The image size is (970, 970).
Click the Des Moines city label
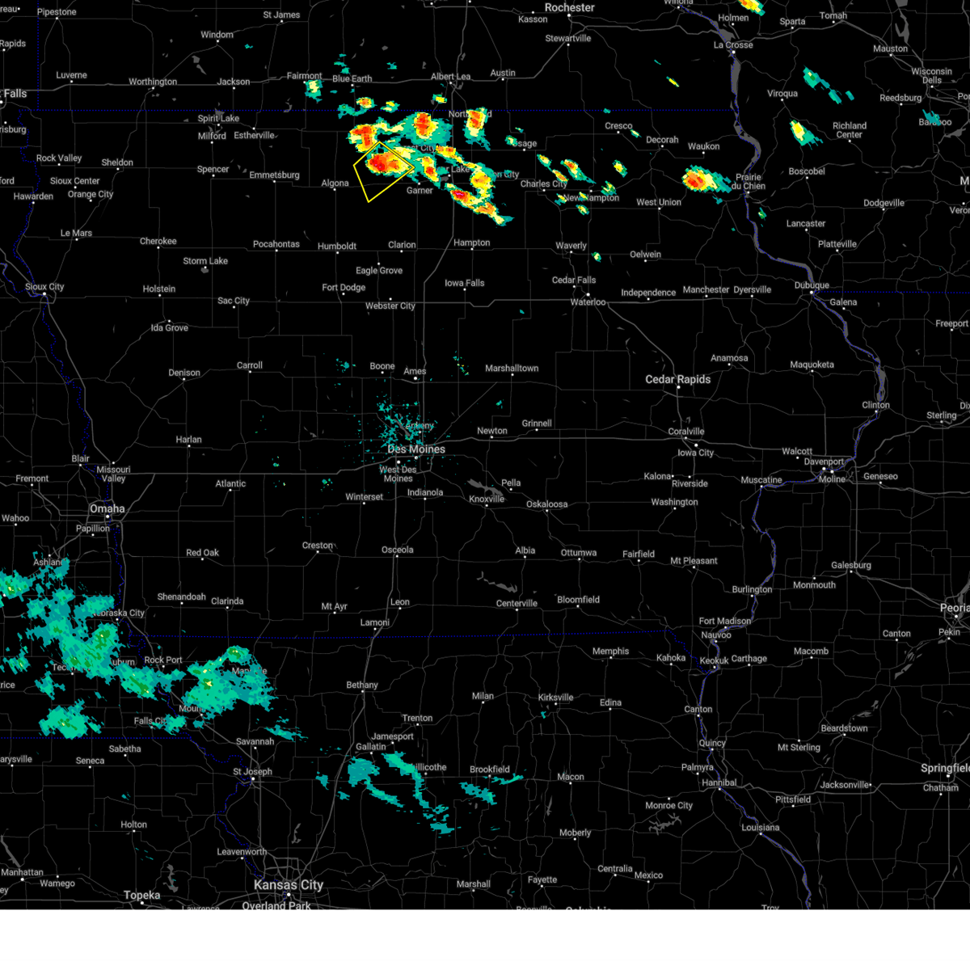(416, 449)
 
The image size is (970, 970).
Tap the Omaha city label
(108, 508)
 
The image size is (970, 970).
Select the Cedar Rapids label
(677, 379)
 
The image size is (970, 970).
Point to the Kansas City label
(289, 885)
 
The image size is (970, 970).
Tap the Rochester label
(569, 8)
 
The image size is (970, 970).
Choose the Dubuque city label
(812, 285)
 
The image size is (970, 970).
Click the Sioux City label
(44, 287)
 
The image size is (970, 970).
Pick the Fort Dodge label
(344, 288)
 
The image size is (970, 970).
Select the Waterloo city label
(588, 302)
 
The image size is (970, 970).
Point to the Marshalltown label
(512, 369)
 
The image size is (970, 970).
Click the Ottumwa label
(579, 553)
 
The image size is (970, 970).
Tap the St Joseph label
(253, 771)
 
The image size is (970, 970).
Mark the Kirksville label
(555, 698)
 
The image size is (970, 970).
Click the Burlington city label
(753, 589)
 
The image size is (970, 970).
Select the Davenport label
(824, 462)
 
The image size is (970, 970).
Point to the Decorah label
(662, 140)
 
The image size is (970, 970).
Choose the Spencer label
(213, 170)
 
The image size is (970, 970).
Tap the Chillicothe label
(428, 767)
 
